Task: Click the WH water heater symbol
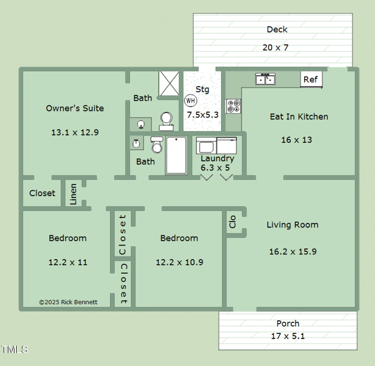(x=191, y=101)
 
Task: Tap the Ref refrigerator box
(x=311, y=79)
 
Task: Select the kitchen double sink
(x=265, y=79)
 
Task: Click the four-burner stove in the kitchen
(x=233, y=106)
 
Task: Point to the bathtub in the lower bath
(x=176, y=155)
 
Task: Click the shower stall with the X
(x=169, y=83)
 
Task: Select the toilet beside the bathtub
(x=157, y=145)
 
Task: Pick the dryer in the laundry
(x=227, y=146)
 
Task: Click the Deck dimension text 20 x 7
(x=275, y=48)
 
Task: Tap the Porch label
(x=288, y=324)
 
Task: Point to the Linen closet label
(x=73, y=194)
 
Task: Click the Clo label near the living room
(x=232, y=222)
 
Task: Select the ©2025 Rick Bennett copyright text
(x=68, y=302)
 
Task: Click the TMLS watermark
(x=15, y=349)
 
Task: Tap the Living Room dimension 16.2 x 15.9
(x=293, y=252)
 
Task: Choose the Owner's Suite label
(x=75, y=108)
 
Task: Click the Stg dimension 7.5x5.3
(x=203, y=115)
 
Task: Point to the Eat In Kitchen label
(x=299, y=117)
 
